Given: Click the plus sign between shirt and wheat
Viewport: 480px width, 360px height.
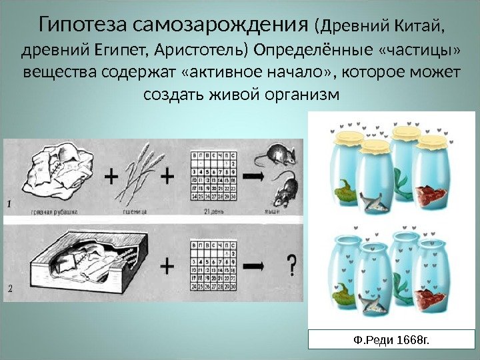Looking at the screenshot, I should coord(110,177).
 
